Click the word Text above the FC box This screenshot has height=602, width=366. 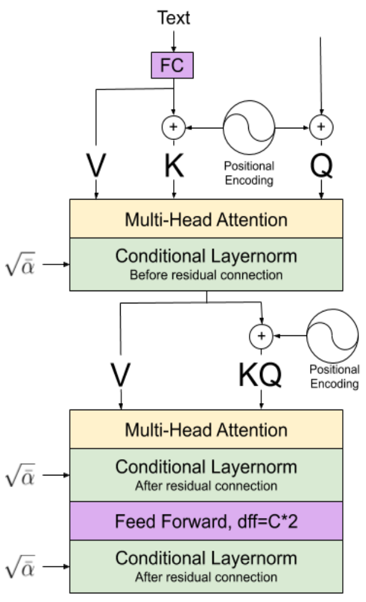(174, 17)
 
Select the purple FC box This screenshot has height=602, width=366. (173, 65)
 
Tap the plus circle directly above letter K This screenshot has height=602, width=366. (174, 127)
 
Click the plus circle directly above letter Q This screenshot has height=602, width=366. (321, 127)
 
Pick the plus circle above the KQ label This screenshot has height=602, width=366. (261, 336)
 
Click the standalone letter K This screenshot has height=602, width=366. (174, 166)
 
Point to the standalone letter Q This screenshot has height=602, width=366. (321, 166)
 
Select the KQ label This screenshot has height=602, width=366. (260, 374)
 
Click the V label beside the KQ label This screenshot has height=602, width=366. (121, 374)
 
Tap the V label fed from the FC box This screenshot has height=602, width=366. (96, 166)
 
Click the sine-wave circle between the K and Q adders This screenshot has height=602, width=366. (249, 128)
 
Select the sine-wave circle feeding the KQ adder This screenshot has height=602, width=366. (333, 336)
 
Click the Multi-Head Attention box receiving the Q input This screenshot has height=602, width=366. (206, 218)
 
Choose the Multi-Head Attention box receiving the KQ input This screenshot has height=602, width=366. (206, 429)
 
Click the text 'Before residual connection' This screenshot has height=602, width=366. (206, 275)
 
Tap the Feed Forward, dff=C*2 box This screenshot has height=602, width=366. (206, 521)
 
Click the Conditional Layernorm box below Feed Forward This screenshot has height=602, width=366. (206, 566)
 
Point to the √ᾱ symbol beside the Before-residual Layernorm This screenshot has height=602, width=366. (20, 264)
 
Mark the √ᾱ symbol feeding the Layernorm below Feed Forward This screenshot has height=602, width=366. (20, 566)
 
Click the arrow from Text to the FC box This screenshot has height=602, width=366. (174, 41)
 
